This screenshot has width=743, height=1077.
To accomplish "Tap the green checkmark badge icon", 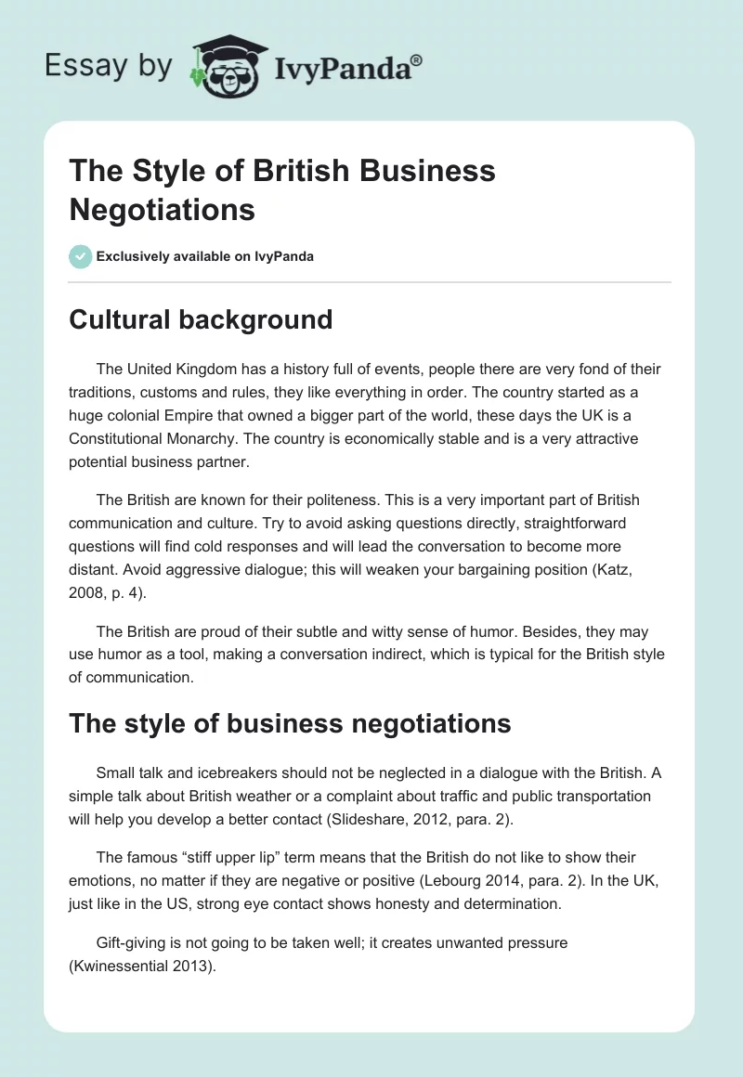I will (x=81, y=256).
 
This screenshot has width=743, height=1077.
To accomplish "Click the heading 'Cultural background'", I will (x=201, y=319).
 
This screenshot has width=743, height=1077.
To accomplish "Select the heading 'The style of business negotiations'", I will (x=290, y=723).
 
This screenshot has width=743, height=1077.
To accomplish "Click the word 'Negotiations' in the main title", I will (x=163, y=209).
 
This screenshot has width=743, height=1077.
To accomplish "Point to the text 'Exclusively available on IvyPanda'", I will (x=205, y=256).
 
